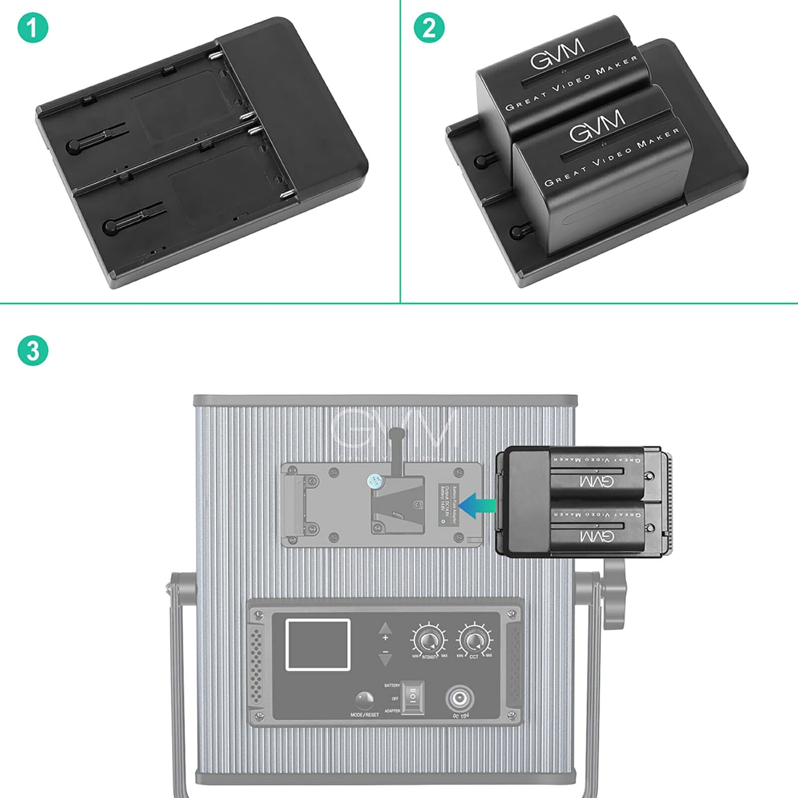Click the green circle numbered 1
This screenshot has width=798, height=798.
(x=33, y=28)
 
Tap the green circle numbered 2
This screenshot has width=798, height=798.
(x=429, y=28)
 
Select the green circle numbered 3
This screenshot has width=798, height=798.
(x=33, y=351)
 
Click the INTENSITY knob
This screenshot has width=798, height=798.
(x=428, y=640)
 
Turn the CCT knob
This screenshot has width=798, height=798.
(x=474, y=640)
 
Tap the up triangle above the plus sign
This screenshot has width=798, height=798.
(x=385, y=628)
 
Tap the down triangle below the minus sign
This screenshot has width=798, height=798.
(x=385, y=660)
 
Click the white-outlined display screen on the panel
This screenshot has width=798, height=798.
(x=318, y=644)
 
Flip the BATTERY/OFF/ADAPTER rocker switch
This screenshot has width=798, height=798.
(x=413, y=697)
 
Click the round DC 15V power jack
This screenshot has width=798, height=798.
(x=459, y=698)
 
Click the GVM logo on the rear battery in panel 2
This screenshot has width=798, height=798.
(x=557, y=54)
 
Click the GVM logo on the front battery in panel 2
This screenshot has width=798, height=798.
(x=597, y=126)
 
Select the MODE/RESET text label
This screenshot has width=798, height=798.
(x=364, y=714)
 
